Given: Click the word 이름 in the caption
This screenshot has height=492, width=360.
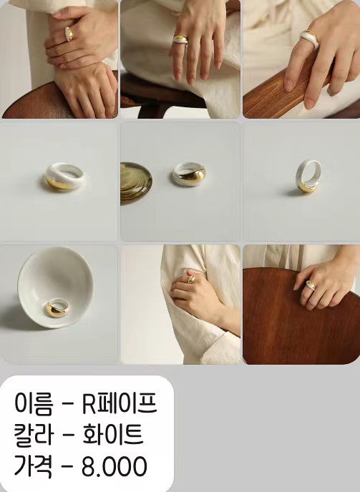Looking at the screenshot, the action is click(34, 404).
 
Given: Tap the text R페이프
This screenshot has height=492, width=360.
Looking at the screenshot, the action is click(120, 403).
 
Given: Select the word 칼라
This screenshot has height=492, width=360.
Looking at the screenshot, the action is click(34, 435).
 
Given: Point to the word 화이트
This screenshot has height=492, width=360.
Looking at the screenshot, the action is click(113, 434).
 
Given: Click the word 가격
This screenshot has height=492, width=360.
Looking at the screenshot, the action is click(34, 466).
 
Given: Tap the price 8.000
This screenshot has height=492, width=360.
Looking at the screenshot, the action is click(115, 466).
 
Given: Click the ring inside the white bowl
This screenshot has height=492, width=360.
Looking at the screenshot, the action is click(57, 307).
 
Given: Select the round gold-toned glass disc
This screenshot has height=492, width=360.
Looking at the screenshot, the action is click(136, 183).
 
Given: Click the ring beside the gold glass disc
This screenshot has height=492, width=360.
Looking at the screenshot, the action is click(189, 174).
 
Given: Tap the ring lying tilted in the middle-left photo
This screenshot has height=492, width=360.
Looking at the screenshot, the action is click(64, 177).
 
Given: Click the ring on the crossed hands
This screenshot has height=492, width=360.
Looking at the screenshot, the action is click(69, 34).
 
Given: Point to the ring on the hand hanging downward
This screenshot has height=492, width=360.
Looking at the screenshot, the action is click(180, 39).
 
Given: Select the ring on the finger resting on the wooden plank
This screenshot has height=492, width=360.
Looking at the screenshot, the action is click(310, 39).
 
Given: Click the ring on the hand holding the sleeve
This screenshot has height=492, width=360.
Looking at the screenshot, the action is click(191, 279).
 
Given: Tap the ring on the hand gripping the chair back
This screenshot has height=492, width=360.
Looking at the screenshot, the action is click(311, 285).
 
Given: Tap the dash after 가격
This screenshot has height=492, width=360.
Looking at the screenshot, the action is click(67, 468).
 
